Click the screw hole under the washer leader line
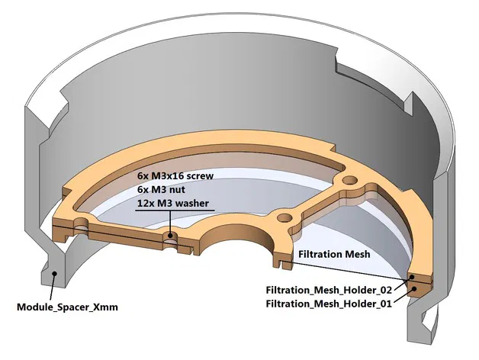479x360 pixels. [169, 234]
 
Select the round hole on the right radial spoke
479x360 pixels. [349, 180]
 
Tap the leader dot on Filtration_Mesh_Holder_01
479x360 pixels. [413, 288]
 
